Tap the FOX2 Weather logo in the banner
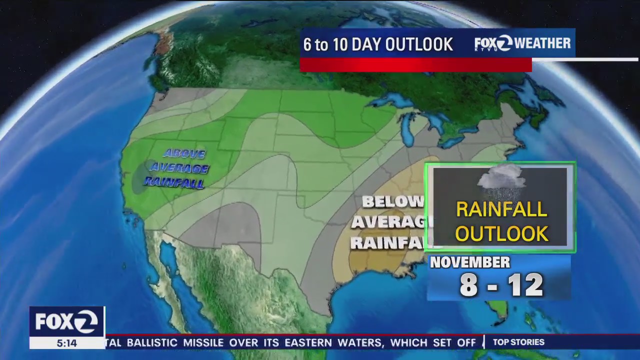522,43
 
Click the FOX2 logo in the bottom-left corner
66,321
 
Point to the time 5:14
66,343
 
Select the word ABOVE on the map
184,153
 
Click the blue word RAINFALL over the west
174,182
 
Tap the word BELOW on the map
392,202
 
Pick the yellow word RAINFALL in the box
501,210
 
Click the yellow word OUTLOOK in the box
501,233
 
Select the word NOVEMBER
470,262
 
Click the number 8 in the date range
468,285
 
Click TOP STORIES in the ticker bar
518,342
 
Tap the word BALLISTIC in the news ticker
152,342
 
